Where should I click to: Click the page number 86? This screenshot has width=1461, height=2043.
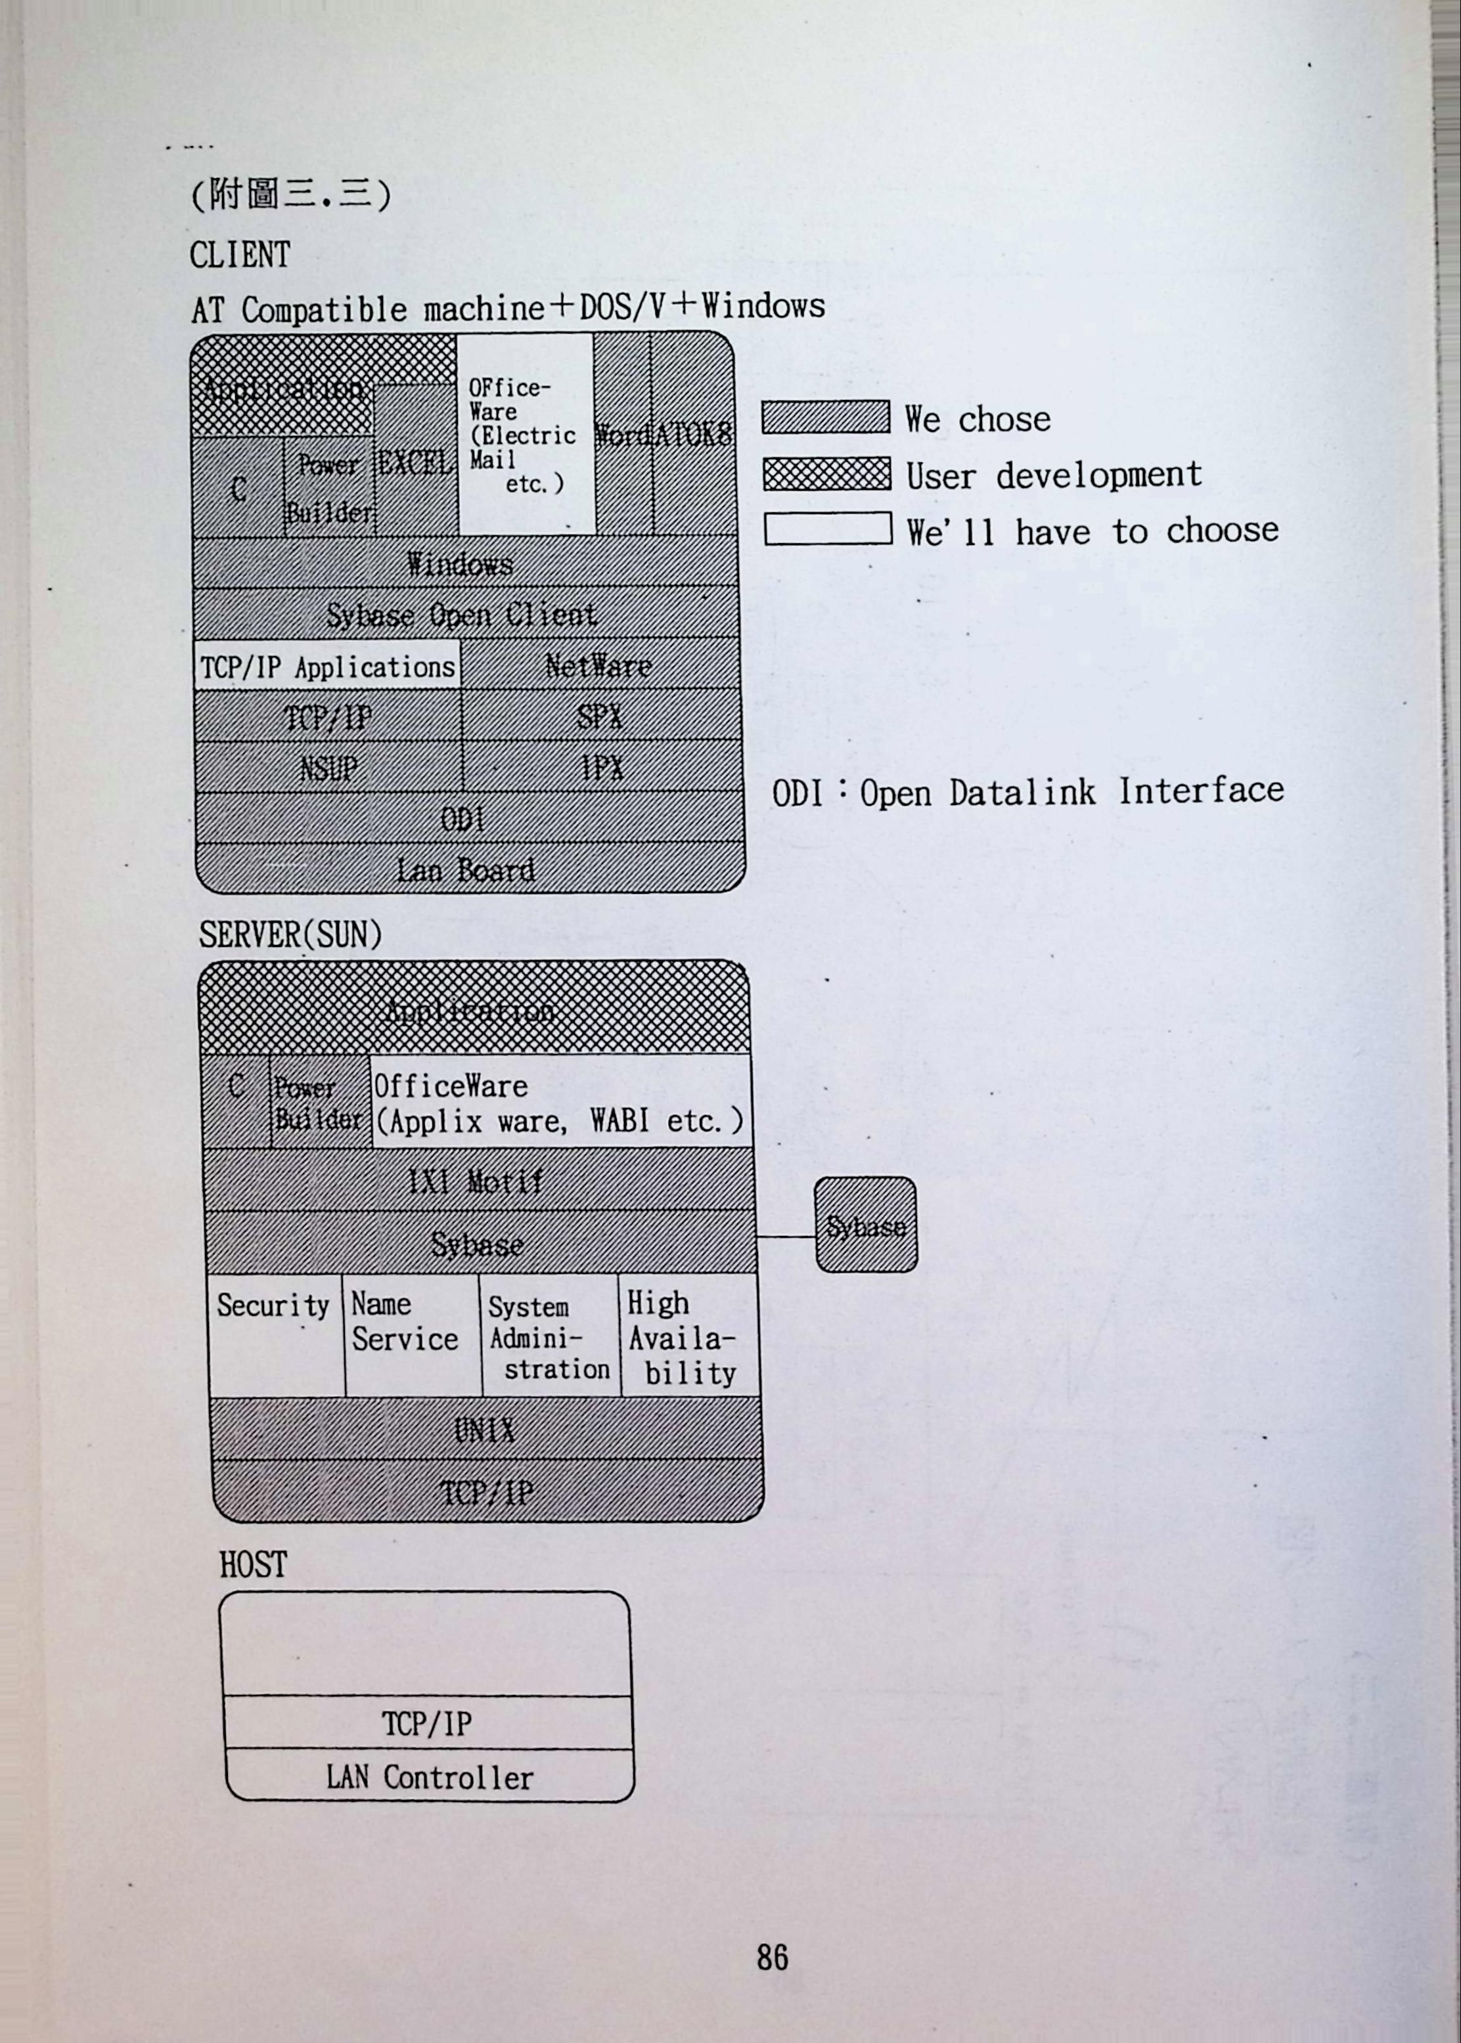tap(772, 1957)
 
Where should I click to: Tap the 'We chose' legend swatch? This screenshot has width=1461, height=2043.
tap(825, 417)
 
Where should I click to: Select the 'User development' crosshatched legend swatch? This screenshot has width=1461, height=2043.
tap(827, 474)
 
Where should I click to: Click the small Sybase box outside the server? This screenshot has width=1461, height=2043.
tap(865, 1225)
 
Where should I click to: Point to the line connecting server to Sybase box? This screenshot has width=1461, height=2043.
tap(786, 1237)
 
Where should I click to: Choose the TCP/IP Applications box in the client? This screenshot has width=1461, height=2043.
tap(326, 667)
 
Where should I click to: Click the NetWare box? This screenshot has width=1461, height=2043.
tap(598, 665)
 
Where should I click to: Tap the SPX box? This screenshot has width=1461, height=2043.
tap(599, 716)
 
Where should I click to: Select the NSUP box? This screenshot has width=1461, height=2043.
tap(328, 768)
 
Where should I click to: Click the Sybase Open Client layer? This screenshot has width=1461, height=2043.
tap(462, 614)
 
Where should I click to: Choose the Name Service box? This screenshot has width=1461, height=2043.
tap(410, 1334)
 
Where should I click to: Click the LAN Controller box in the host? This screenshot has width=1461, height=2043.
tap(429, 1777)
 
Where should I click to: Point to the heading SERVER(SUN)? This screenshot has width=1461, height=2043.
tap(290, 934)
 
